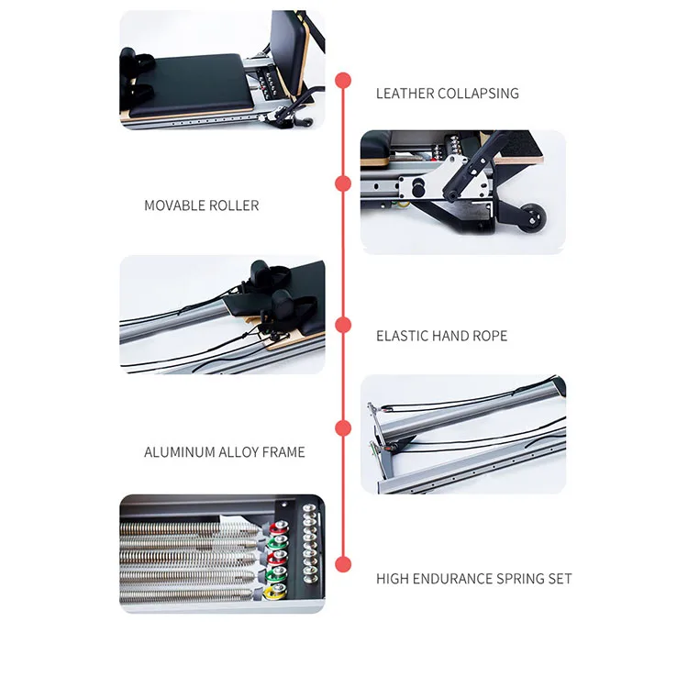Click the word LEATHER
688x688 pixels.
coord(404,94)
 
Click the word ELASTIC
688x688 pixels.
coord(403,336)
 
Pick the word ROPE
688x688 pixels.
coord(489,336)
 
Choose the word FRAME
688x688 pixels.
coord(283,452)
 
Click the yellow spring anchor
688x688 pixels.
coord(271,592)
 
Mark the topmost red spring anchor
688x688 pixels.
coord(272,527)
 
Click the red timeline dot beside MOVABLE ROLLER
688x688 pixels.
coord(343,184)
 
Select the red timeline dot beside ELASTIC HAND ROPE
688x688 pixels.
coord(343,325)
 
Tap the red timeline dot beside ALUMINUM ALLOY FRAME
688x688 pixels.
coord(343,428)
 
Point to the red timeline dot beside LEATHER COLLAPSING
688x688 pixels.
coord(343,81)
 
